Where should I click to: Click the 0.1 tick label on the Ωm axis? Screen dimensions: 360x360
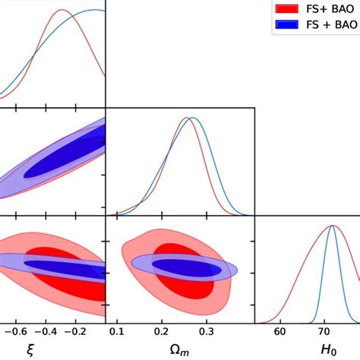117,332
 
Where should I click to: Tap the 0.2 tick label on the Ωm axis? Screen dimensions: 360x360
161,332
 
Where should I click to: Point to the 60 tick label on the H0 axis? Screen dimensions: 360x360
280,332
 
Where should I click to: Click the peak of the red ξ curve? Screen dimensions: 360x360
64,11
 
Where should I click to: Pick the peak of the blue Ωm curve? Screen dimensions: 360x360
192,118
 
